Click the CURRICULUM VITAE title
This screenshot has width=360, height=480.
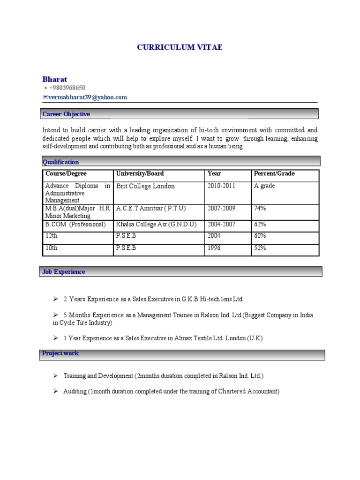[180, 47]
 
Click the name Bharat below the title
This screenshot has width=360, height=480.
[55, 79]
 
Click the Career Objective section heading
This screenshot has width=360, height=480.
[66, 114]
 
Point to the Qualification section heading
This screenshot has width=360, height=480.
[60, 162]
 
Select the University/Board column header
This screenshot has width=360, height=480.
[140, 173]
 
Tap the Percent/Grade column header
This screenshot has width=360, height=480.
[274, 173]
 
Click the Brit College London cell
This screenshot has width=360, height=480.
[145, 186]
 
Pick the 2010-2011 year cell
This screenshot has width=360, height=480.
[222, 186]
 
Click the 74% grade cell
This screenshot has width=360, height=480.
[260, 208]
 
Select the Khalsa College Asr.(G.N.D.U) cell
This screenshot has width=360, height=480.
[156, 225]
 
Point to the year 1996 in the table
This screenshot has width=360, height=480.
[215, 247]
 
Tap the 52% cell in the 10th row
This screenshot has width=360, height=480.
[260, 247]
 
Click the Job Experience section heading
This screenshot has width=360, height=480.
[64, 271]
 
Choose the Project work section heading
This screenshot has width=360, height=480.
[60, 353]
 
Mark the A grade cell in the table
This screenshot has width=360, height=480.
[264, 186]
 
